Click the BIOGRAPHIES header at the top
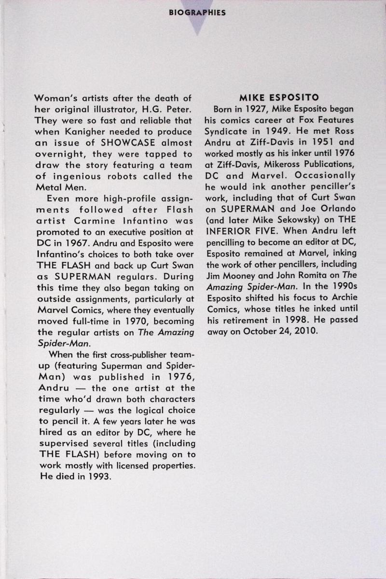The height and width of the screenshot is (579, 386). pos(197,13)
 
